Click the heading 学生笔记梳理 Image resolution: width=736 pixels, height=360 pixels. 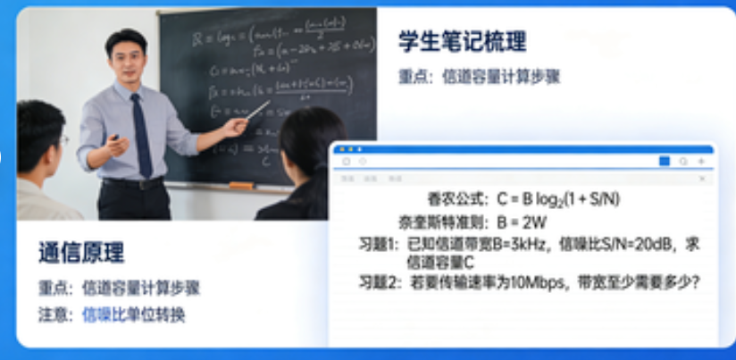click(462, 41)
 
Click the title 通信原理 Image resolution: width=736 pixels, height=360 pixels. click(81, 253)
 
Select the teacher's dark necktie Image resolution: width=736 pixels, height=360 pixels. click(142, 134)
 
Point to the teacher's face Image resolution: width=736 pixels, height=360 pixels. click(128, 62)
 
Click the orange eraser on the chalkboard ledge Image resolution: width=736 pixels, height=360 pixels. click(240, 185)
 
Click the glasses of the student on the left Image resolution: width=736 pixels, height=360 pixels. click(63, 139)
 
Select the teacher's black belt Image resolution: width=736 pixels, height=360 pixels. click(133, 183)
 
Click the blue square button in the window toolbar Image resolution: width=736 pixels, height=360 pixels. click(664, 162)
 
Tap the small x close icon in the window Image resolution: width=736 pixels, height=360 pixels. click(702, 179)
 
